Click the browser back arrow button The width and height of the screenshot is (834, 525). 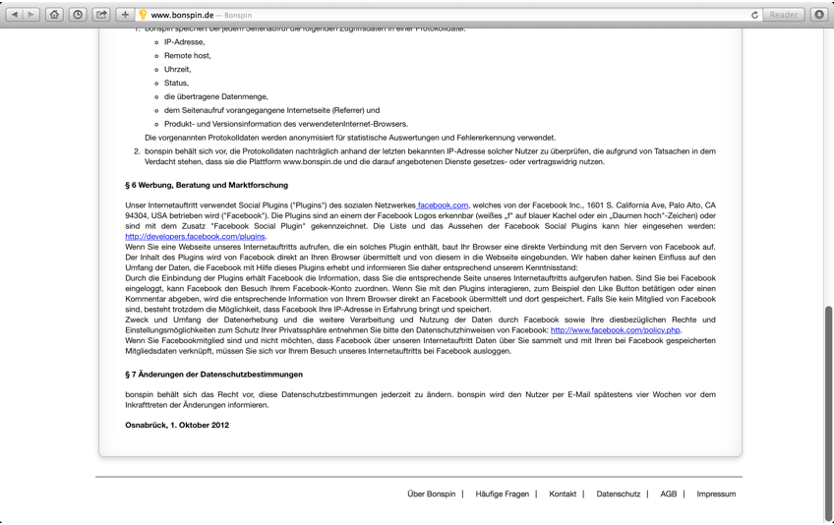(x=14, y=15)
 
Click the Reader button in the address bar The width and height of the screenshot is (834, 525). (x=784, y=15)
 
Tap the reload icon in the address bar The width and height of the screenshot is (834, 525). (x=754, y=15)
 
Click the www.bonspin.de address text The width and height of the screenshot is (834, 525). (x=182, y=15)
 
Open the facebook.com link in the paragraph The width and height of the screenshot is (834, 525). (x=443, y=205)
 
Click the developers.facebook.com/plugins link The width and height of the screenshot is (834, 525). (x=195, y=237)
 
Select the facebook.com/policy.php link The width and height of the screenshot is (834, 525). (x=615, y=330)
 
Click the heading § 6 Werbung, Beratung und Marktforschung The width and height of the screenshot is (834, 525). (x=207, y=185)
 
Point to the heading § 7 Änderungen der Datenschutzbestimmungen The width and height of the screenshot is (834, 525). (x=213, y=375)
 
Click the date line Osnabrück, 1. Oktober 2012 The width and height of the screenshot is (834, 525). (x=177, y=426)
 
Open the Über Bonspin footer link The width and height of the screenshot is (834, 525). (x=431, y=495)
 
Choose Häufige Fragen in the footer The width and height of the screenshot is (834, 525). (x=502, y=495)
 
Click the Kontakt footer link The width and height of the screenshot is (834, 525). (x=563, y=495)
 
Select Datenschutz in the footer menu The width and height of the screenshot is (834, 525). (x=618, y=495)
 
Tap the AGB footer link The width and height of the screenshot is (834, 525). (x=669, y=495)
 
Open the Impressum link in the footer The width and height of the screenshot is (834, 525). (x=716, y=495)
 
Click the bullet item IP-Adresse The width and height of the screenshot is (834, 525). (x=185, y=42)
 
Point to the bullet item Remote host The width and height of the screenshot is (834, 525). (x=187, y=56)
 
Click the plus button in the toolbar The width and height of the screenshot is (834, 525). (x=125, y=15)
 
